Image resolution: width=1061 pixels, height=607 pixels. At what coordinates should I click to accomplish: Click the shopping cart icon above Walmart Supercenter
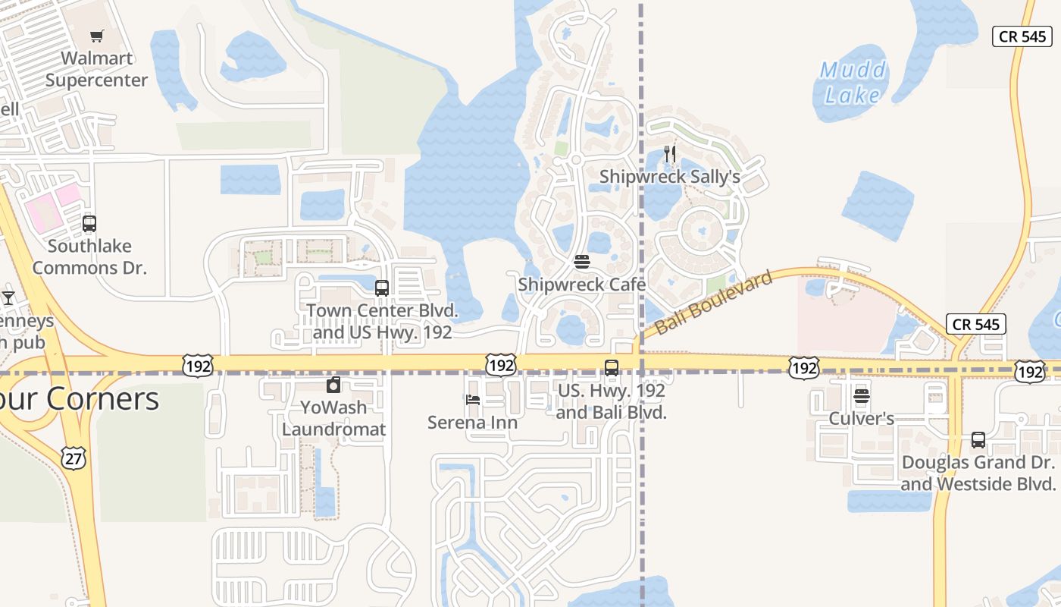pos(96,36)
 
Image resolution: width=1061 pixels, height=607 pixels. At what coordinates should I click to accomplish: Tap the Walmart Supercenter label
pos(96,69)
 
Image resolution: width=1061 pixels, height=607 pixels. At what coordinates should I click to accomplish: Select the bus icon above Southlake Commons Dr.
pos(89,224)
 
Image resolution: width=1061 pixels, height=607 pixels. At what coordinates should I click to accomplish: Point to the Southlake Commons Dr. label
pos(89,256)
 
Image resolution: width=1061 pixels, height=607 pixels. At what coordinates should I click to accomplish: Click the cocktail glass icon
pos(8,297)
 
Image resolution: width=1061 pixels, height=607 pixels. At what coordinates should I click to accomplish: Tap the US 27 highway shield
pos(74,458)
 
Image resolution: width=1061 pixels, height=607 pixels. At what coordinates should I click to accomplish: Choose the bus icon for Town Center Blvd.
pos(382,288)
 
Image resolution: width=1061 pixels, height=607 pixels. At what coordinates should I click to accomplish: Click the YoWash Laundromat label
pos(333,418)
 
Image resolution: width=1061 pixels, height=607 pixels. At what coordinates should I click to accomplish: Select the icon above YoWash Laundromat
pos(333,385)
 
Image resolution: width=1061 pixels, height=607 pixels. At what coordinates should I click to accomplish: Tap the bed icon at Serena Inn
pos(473,400)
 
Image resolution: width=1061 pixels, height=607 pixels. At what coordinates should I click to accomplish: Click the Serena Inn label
pos(473,422)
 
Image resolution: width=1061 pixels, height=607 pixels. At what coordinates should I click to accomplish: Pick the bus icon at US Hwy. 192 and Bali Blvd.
pos(612,368)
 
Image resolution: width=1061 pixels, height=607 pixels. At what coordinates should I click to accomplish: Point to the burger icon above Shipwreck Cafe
pos(582,263)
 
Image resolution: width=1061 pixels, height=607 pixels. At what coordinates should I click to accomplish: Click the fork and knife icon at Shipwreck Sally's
pos(669,154)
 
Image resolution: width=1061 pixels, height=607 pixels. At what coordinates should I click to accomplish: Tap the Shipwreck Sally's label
pos(669,176)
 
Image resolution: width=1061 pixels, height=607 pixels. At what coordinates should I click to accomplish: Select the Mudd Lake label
pos(853,83)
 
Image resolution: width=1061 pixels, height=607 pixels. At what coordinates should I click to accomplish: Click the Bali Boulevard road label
pos(713,302)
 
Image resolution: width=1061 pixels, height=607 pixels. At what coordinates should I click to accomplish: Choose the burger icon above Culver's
pos(862,396)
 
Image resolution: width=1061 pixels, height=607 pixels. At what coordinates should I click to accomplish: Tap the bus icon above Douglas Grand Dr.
pos(978,440)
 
